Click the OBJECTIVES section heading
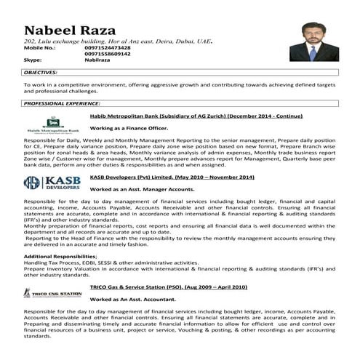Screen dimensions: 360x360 click(46, 73)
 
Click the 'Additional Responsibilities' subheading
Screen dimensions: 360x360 click(60, 257)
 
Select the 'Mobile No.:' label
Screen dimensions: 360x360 click(39, 48)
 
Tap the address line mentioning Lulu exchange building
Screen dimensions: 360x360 click(116, 41)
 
